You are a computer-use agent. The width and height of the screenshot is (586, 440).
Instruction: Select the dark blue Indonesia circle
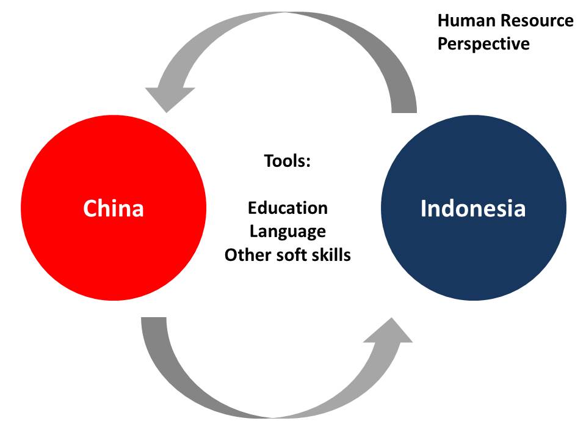(x=473, y=257)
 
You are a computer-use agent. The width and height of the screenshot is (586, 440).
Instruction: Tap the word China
(x=113, y=208)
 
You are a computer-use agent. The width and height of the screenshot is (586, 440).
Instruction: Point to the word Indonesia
(x=473, y=208)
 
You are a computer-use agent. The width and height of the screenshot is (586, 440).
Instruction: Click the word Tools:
(x=288, y=161)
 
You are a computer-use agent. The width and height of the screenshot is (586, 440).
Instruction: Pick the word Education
(x=288, y=208)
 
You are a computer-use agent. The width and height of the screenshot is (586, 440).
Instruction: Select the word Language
(x=288, y=232)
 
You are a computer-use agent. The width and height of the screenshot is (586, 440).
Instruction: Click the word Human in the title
(x=466, y=21)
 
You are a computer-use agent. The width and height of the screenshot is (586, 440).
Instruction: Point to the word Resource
(x=538, y=21)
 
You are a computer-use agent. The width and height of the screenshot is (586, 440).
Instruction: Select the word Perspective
(x=483, y=44)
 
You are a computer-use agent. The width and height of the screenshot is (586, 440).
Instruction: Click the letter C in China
(x=90, y=208)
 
